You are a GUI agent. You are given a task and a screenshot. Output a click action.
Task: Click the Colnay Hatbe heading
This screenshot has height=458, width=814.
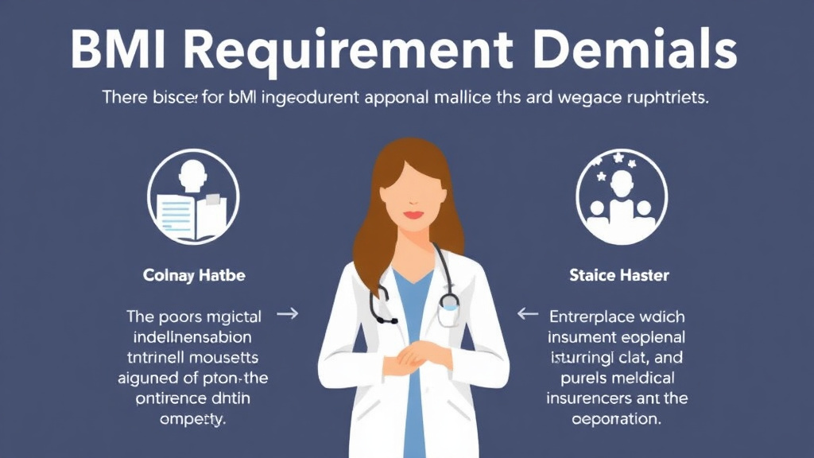[x=194, y=276]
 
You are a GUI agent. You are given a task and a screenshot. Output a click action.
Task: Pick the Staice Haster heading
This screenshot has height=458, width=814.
[x=619, y=276]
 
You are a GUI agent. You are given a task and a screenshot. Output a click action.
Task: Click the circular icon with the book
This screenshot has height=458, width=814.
[x=194, y=196]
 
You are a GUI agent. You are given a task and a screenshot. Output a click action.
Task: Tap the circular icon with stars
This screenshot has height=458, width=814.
[x=621, y=196]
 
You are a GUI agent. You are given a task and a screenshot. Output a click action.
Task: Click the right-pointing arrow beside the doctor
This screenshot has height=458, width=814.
[x=288, y=314]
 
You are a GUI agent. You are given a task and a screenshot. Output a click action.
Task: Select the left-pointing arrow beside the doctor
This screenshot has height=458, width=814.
[x=527, y=314]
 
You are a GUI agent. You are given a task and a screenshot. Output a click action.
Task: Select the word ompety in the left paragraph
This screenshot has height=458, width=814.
[x=194, y=419]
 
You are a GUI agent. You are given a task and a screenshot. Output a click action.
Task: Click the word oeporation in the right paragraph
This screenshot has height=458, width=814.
[x=618, y=419]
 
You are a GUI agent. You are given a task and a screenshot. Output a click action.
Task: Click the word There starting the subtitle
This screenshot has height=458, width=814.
[x=126, y=99]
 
